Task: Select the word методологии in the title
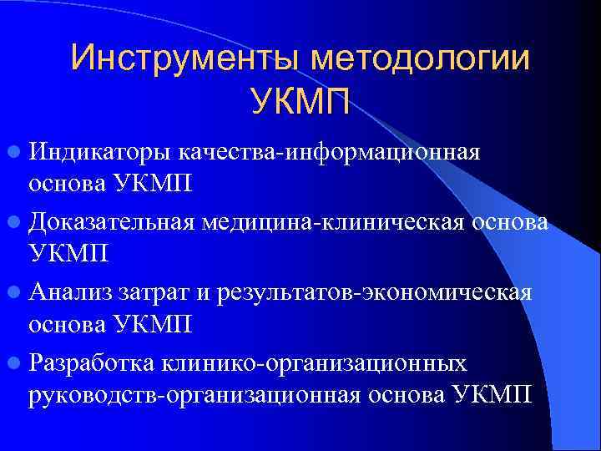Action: [x=422, y=58]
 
